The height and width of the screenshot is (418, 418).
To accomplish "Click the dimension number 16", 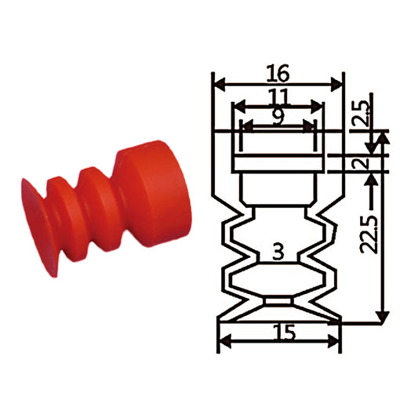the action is [278, 73].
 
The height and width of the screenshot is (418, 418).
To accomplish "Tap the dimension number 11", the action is [278, 96].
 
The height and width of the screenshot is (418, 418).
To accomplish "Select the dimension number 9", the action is [278, 117].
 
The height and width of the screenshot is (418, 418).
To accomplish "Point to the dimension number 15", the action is [285, 333].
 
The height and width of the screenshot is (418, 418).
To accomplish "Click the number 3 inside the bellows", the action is [278, 252].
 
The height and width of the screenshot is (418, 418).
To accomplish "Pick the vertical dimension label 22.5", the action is [369, 234].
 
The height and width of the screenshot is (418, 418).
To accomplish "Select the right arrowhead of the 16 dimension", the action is [336, 84].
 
